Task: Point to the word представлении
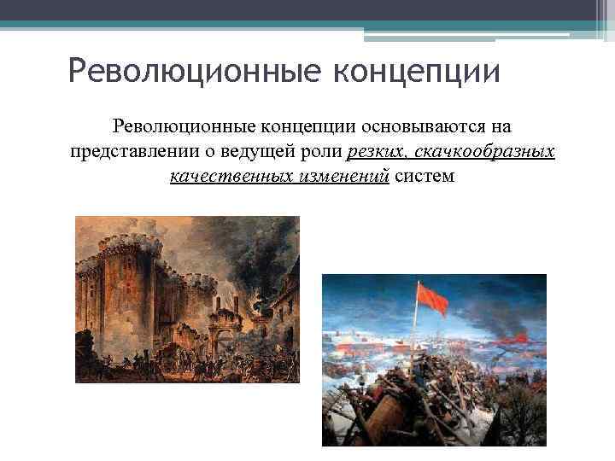click(138, 153)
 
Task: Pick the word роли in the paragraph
click(324, 153)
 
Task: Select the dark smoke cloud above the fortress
click(231, 248)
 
